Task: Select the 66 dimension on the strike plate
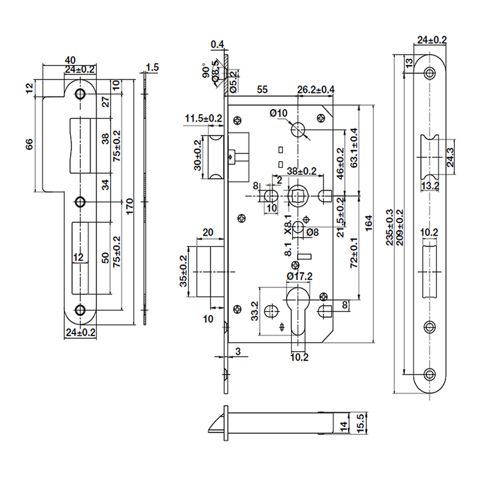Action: (29, 145)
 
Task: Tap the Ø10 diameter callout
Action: (278, 114)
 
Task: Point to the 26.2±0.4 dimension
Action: (315, 90)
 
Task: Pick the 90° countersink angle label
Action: (206, 72)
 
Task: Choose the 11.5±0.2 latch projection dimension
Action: (204, 117)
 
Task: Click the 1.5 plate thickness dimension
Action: (152, 68)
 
